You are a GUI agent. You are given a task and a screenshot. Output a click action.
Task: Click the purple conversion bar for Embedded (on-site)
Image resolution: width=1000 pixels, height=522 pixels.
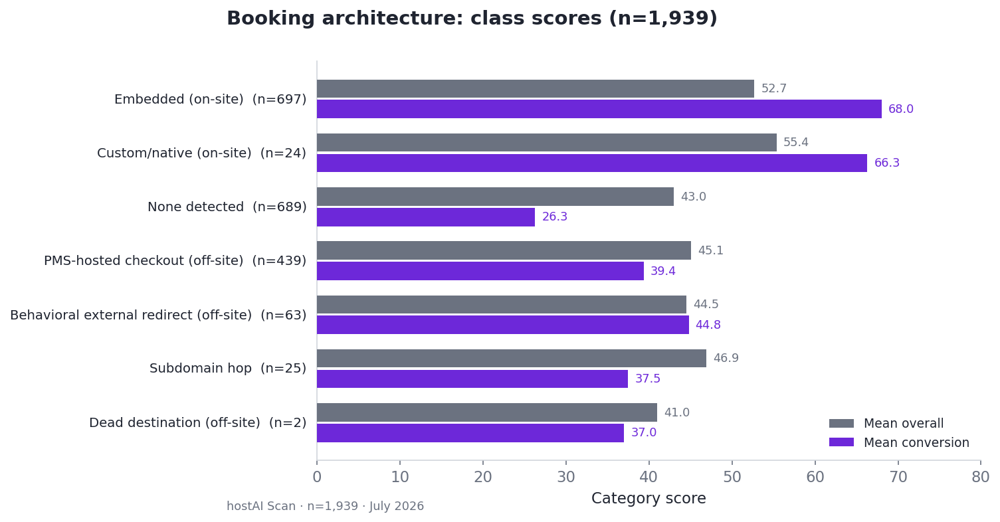[x=599, y=109]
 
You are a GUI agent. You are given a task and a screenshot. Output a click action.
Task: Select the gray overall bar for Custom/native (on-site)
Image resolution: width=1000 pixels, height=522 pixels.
[x=547, y=142]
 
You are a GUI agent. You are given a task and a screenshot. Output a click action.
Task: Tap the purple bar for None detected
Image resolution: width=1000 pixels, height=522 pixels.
[x=426, y=217]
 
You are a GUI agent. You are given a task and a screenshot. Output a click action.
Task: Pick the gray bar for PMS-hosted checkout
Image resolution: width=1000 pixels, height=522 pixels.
[x=504, y=250]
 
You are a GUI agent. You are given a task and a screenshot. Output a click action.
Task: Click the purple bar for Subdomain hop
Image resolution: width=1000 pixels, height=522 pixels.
[x=472, y=379]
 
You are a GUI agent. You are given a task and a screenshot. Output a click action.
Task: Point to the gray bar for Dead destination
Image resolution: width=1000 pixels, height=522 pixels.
[x=487, y=412]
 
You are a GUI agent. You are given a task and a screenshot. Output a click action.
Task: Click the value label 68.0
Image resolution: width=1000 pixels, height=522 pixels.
[x=901, y=109]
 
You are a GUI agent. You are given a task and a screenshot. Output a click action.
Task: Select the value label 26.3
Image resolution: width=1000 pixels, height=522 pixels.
[x=554, y=217]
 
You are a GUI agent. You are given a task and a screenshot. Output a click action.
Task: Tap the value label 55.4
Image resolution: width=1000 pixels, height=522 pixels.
[x=796, y=142]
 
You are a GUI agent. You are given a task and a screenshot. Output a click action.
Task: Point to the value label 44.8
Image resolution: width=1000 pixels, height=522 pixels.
[x=708, y=325]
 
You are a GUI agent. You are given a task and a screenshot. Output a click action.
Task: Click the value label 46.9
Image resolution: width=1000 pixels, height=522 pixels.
[x=726, y=358]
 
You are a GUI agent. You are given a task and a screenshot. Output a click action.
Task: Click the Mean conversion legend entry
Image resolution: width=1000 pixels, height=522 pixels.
[x=899, y=442]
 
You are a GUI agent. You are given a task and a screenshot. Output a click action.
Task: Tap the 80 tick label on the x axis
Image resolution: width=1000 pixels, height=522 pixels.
[x=981, y=478]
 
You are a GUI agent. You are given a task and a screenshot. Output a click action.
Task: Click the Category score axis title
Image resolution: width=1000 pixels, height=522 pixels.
[x=649, y=498]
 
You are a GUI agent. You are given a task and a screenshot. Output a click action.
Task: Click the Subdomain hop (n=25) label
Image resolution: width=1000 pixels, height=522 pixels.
[x=228, y=369]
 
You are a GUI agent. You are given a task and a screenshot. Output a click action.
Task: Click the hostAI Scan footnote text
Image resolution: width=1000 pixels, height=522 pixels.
[x=325, y=506]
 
